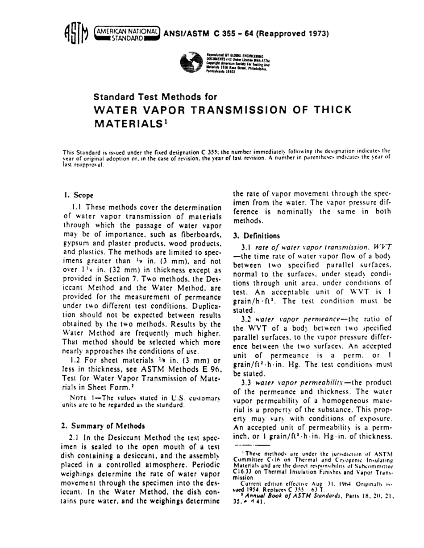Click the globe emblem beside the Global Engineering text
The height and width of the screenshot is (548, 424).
[192, 64]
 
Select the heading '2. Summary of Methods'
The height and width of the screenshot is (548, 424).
[99, 437]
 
